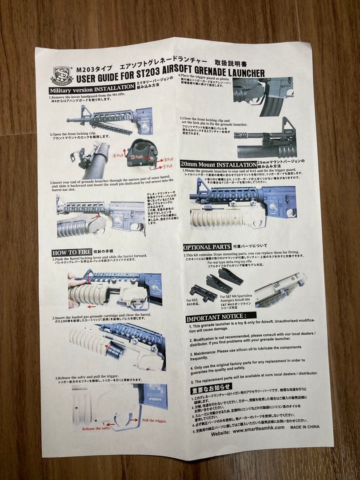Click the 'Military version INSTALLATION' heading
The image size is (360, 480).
point(92,89)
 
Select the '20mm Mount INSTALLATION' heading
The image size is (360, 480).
point(219,164)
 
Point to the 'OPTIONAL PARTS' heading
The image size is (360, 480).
point(207,247)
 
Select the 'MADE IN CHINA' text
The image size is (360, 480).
point(305,427)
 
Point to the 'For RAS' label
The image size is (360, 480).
point(192,301)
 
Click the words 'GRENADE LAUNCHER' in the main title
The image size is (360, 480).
point(227,73)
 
